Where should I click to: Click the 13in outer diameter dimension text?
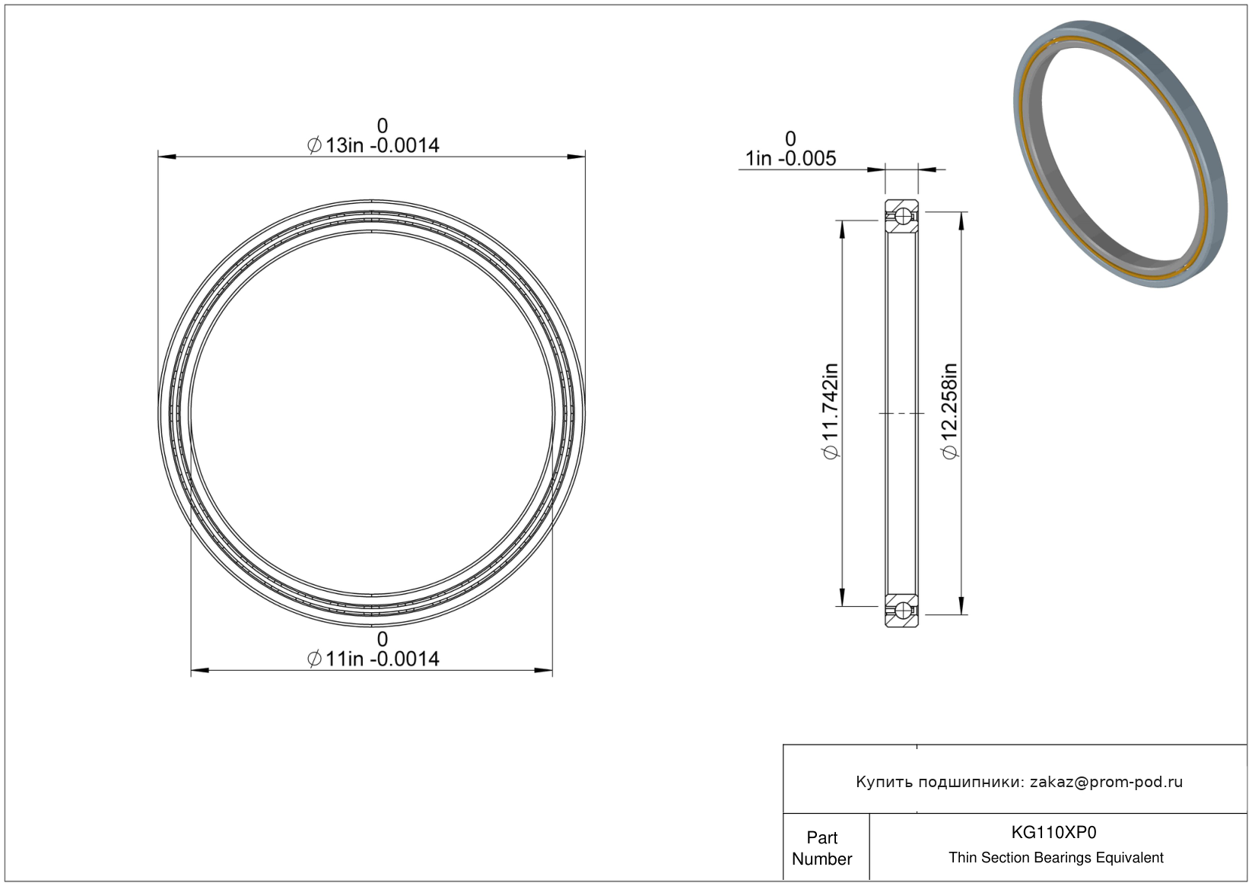(373, 145)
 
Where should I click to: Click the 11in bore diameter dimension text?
(373, 659)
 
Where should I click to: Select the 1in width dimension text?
(791, 159)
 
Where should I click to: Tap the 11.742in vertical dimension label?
(831, 411)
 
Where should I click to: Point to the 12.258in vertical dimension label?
(950, 411)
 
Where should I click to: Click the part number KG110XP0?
(1053, 832)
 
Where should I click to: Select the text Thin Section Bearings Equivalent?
(1056, 858)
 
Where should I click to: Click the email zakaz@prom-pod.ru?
(1106, 782)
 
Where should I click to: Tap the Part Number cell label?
(821, 848)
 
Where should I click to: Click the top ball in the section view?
(902, 216)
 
